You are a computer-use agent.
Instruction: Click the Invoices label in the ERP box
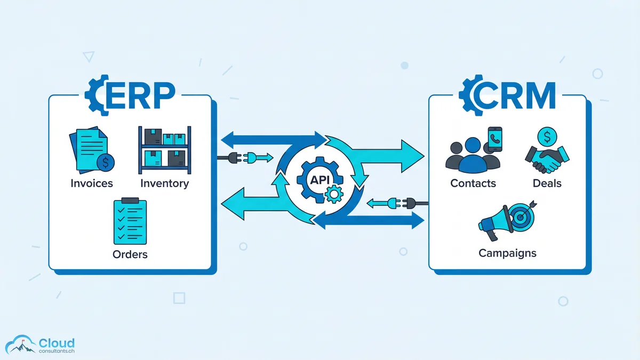tap(92, 183)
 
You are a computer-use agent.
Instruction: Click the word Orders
tap(130, 254)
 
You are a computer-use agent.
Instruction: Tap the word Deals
tap(547, 183)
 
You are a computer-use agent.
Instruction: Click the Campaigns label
tap(507, 253)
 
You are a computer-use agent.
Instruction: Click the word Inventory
tap(164, 183)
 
